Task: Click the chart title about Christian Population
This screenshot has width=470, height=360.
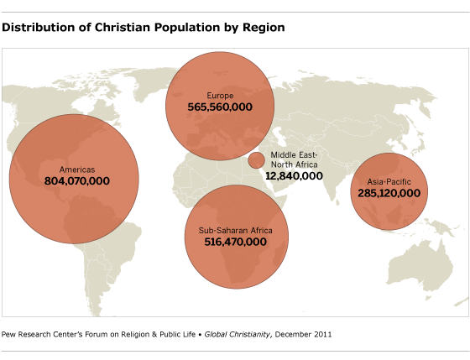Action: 144,27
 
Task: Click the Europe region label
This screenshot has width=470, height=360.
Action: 220,96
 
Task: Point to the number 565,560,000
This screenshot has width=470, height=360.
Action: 220,107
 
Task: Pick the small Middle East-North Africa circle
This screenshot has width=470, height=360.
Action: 256,160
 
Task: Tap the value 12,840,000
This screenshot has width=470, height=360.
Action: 294,176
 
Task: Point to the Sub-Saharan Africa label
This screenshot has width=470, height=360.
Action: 235,230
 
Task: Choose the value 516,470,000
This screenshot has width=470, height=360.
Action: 235,242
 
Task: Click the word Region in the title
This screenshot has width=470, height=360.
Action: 264,27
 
